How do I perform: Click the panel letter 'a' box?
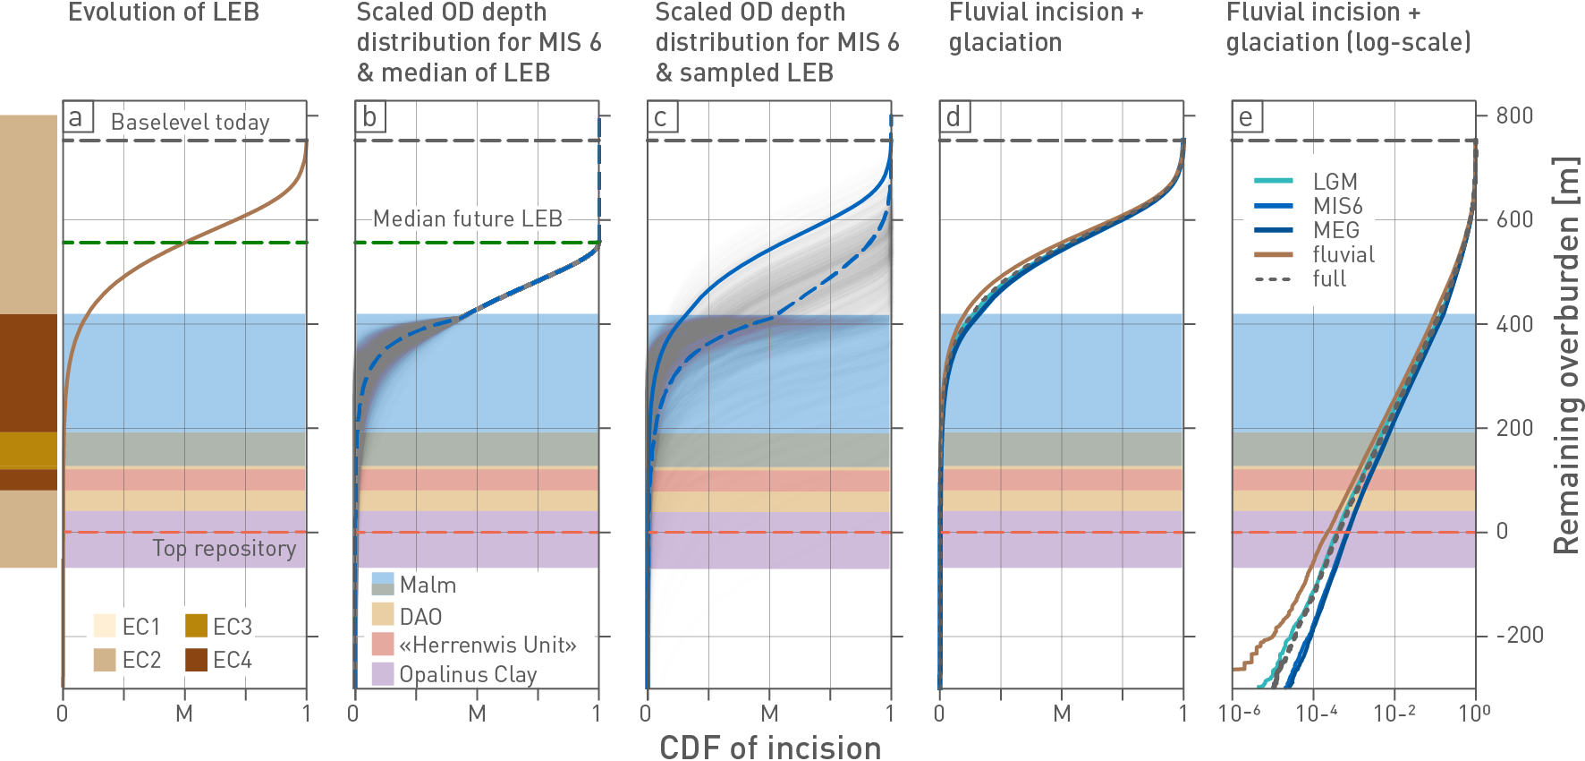(x=76, y=117)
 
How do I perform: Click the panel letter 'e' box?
(x=1246, y=117)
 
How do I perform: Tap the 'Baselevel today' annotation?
(x=190, y=123)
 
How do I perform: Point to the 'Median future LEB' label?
(x=467, y=219)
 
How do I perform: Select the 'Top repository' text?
(x=224, y=549)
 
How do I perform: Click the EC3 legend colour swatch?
(x=197, y=626)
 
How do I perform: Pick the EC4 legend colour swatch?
(x=197, y=660)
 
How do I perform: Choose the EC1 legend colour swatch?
(x=105, y=626)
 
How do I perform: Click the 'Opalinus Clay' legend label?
(x=468, y=674)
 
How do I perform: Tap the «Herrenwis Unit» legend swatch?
(x=383, y=645)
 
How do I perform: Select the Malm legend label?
(x=428, y=586)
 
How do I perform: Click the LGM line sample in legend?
(x=1274, y=182)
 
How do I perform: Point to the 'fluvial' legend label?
(x=1343, y=255)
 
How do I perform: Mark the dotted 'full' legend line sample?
(x=1274, y=279)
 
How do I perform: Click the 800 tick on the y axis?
(x=1514, y=115)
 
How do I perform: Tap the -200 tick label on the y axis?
(x=1520, y=636)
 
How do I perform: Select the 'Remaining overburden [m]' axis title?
(x=1565, y=355)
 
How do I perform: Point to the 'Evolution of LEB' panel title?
(x=164, y=13)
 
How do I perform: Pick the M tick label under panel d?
(x=1062, y=714)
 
